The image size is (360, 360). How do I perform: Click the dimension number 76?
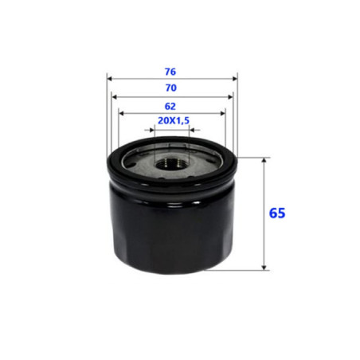click(170, 72)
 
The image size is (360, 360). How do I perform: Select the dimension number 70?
click(170, 88)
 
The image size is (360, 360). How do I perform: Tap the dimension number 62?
click(170, 107)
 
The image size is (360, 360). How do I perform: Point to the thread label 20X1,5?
click(174, 121)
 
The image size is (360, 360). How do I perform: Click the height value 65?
click(277, 213)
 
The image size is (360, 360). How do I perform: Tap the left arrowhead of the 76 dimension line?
click(110, 79)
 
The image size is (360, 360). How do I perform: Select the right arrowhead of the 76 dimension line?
click(235, 79)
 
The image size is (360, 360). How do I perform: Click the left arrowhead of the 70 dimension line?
click(115, 97)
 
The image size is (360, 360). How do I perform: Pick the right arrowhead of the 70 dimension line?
click(230, 97)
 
